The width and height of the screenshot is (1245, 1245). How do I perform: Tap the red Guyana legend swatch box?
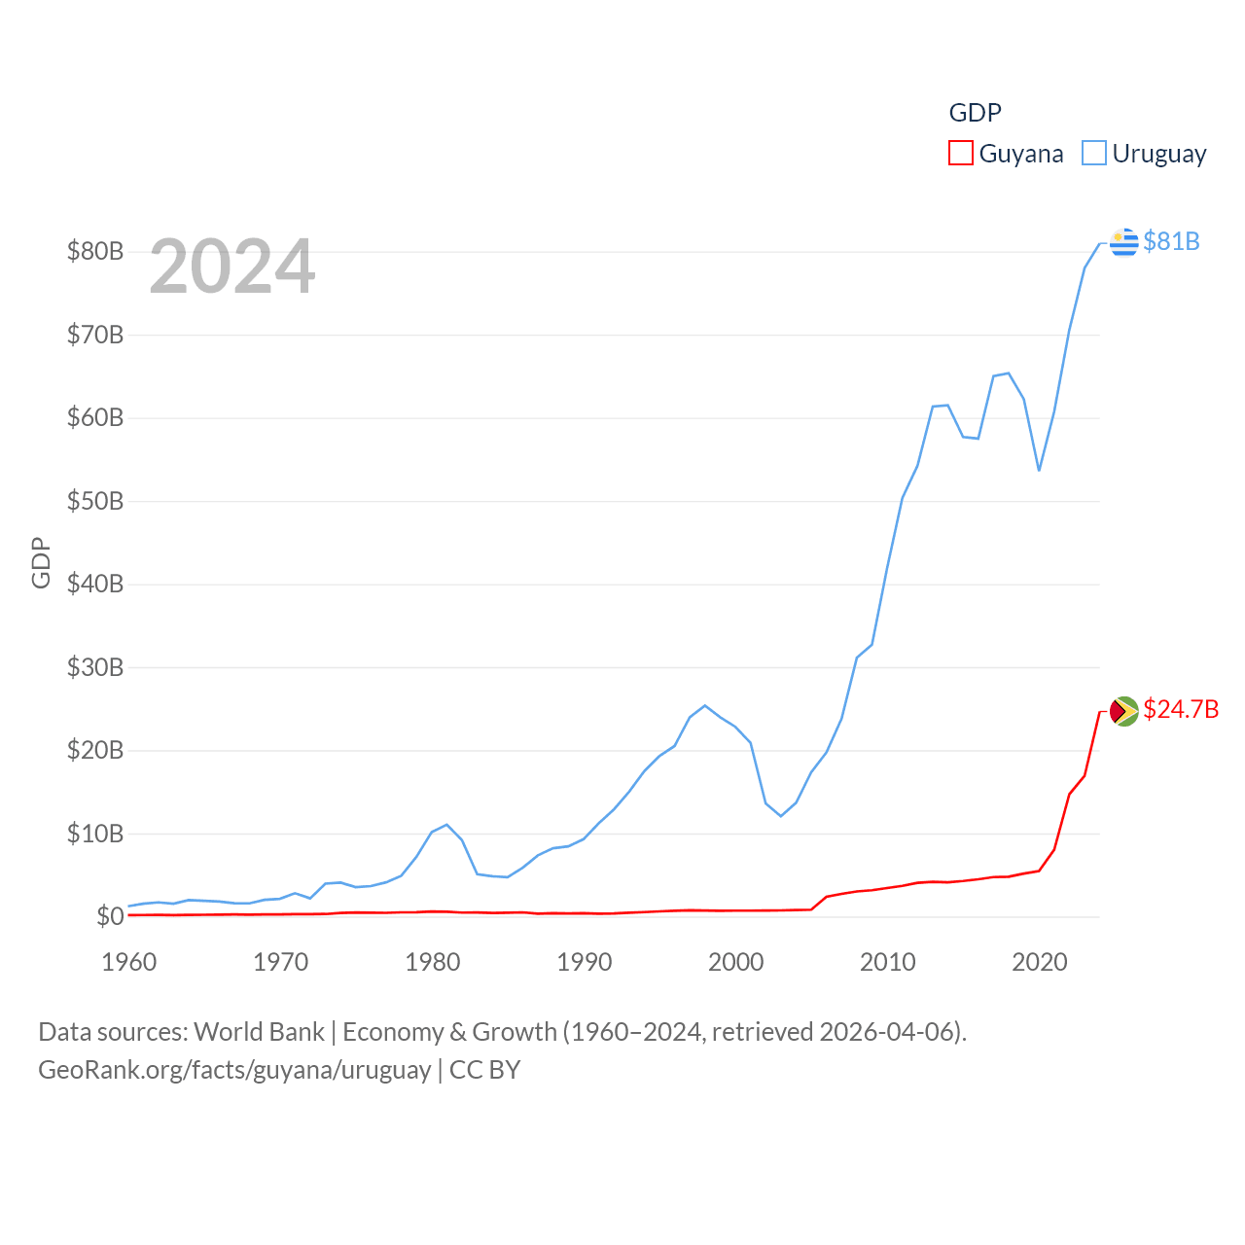coord(961,154)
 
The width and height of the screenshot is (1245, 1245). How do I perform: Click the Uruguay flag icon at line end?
coord(1124,241)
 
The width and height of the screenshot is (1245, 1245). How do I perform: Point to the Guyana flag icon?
coord(1124,711)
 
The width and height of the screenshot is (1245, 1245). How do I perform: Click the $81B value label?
coord(1171,241)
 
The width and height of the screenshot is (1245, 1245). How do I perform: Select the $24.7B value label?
coord(1181,709)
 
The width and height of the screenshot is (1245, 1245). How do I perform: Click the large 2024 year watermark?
coord(232,267)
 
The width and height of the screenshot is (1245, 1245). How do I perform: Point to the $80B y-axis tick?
coord(95,251)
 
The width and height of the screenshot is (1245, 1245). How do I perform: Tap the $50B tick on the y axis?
coord(95,501)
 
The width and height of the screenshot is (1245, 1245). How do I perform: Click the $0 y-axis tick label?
coord(110,916)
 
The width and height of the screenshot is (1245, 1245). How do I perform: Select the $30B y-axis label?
coord(95,667)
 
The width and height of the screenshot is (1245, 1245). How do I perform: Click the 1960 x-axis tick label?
coord(129,962)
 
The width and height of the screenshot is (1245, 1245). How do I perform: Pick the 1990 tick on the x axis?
coord(585,962)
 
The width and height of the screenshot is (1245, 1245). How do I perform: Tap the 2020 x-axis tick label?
coord(1040,962)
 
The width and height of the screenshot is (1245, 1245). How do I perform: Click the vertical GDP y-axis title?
coord(41,562)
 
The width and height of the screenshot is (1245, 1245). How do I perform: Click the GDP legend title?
coord(975,113)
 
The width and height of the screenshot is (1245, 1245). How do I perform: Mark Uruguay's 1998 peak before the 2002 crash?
coord(705,705)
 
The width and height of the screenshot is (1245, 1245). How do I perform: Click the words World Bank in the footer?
coord(259,1031)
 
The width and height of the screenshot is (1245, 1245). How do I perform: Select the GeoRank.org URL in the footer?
coord(234,1070)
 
